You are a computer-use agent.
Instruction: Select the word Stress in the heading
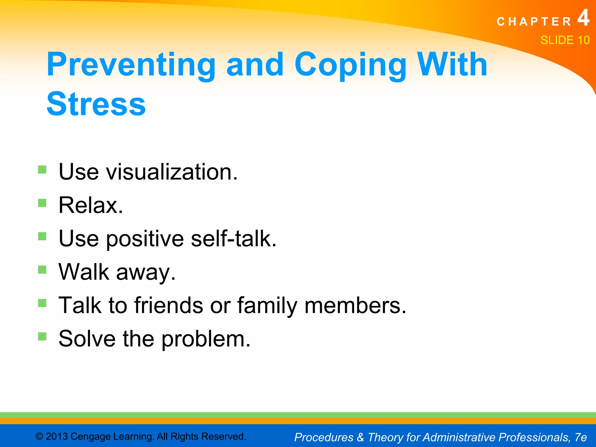tap(96, 104)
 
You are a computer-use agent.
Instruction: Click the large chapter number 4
tap(583, 18)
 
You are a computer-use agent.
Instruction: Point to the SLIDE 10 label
tap(565, 40)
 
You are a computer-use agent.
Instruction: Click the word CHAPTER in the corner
tap(534, 22)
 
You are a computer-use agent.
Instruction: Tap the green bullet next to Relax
tap(42, 203)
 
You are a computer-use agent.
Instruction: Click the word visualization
tap(172, 172)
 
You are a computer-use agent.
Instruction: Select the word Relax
tap(91, 205)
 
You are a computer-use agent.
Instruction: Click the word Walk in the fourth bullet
tap(84, 272)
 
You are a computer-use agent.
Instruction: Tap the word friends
tap(168, 305)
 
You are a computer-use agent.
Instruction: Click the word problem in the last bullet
tap(206, 339)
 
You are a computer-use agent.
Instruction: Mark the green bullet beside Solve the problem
tap(42, 336)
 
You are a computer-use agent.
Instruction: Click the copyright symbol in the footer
tap(39, 437)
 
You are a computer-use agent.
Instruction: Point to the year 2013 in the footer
tap(57, 437)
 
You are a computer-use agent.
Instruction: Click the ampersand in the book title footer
tap(360, 437)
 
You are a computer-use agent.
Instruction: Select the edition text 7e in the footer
tap(581, 437)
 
